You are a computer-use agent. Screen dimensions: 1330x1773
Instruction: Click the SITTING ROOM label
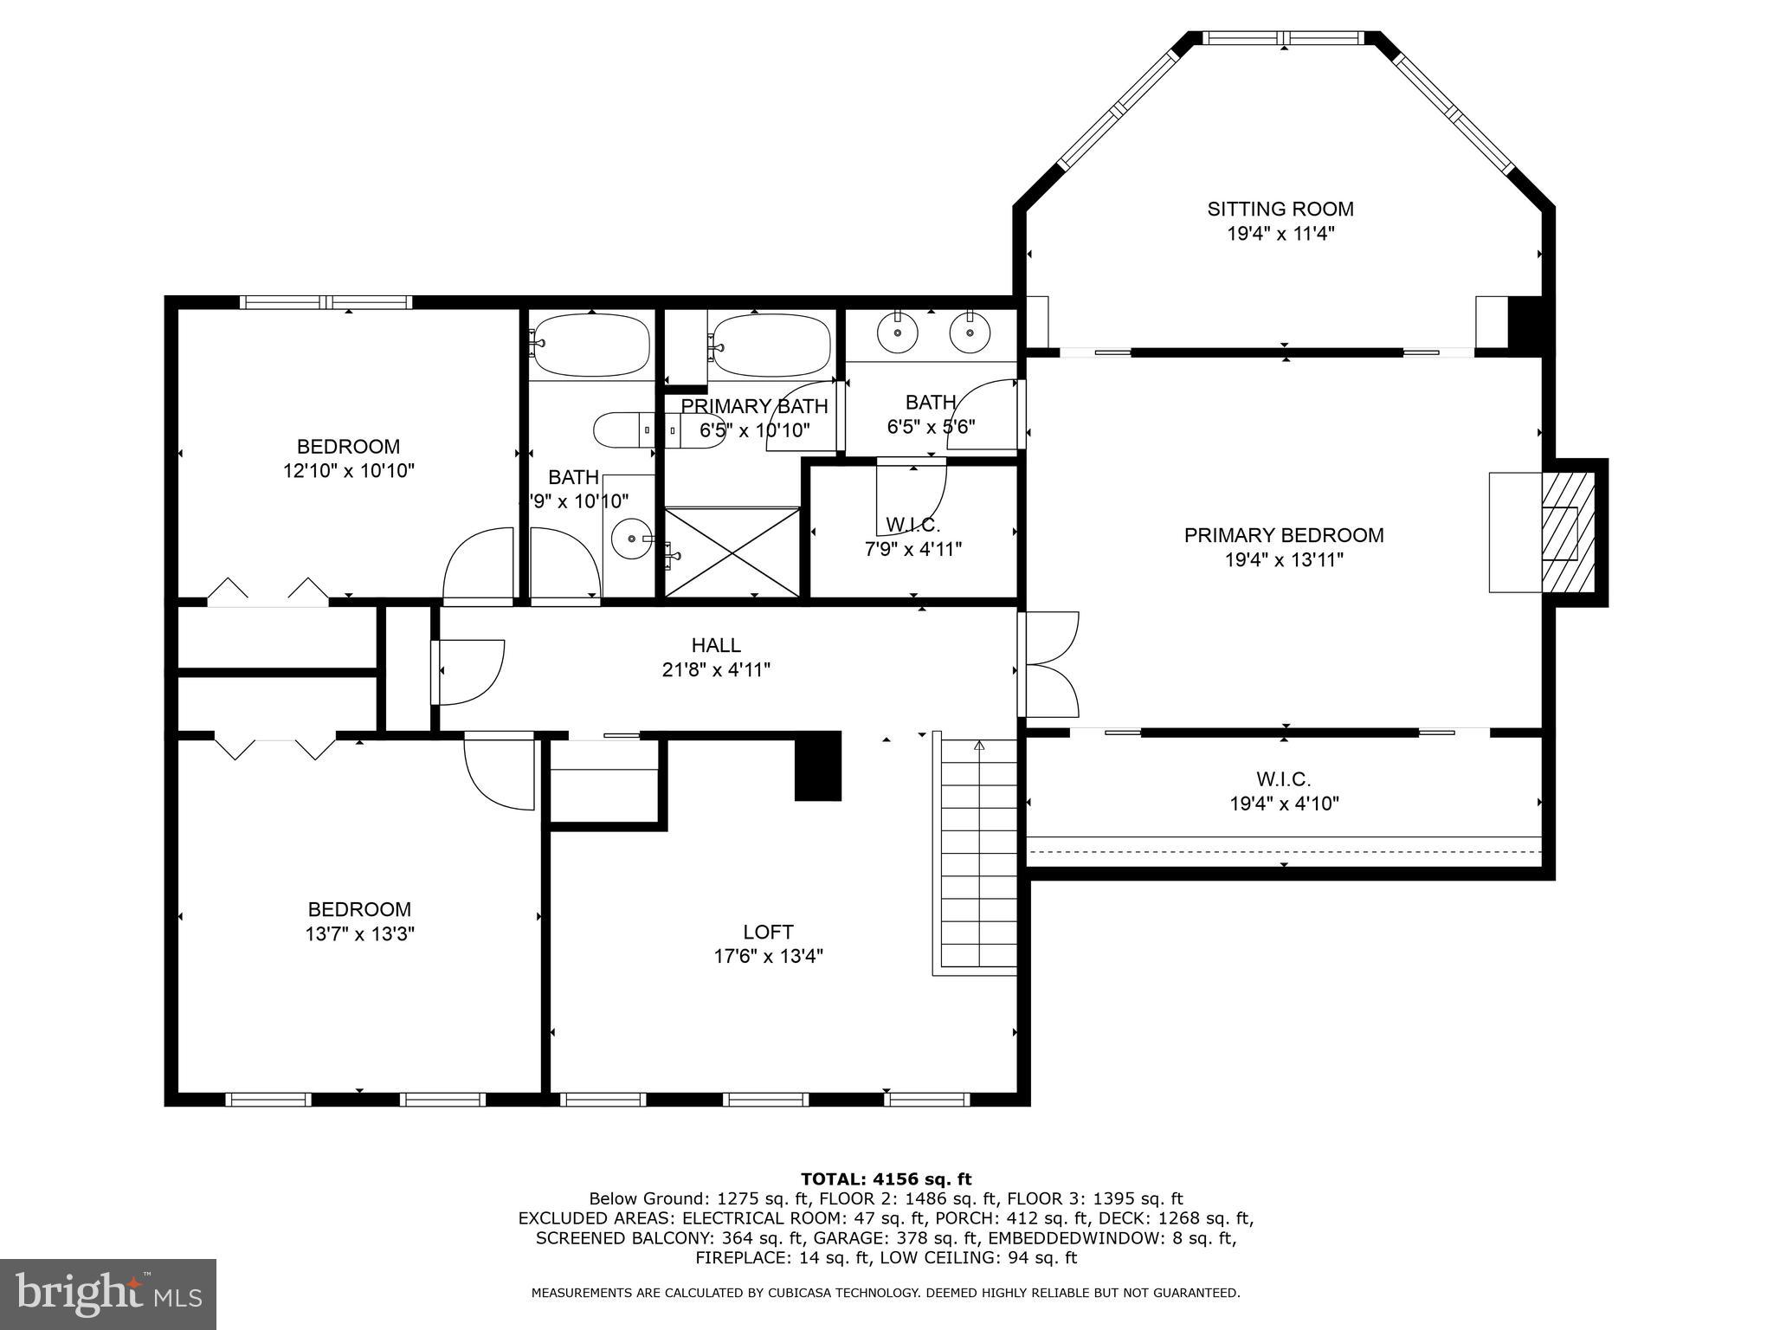(x=1280, y=209)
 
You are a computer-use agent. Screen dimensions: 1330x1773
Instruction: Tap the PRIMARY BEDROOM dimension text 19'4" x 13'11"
(x=1283, y=560)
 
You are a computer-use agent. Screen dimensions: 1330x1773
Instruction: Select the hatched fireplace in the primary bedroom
(x=1567, y=533)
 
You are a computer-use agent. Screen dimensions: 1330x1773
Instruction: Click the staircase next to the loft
(x=979, y=853)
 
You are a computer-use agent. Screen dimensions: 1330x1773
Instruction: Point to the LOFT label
(x=768, y=932)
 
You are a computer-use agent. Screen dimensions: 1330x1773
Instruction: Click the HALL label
(x=716, y=645)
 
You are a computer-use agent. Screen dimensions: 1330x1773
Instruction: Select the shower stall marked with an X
(x=732, y=552)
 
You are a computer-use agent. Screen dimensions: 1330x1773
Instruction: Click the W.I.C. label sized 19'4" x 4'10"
(x=1283, y=779)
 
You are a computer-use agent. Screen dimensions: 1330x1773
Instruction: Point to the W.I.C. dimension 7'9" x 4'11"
(x=912, y=549)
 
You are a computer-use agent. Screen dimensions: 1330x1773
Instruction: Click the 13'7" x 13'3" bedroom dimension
(x=359, y=934)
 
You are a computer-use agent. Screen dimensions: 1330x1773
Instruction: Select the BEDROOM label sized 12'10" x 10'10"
(x=348, y=447)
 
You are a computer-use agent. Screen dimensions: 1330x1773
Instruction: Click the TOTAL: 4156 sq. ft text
(x=886, y=1178)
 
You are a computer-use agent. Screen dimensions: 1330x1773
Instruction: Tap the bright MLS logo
(x=108, y=1294)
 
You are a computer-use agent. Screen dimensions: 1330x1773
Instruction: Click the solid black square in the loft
(x=818, y=765)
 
